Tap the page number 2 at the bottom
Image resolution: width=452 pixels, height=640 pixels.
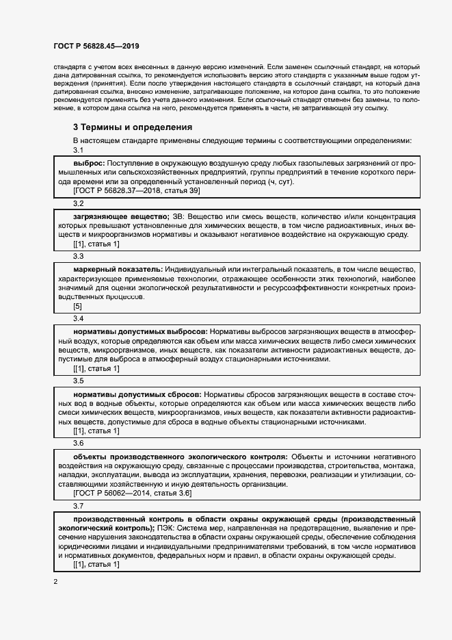tap(56, 581)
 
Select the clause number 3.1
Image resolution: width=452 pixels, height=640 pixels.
tap(78, 150)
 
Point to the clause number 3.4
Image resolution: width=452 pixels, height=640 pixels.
tap(78, 318)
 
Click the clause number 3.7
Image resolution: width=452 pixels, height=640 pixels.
tap(78, 506)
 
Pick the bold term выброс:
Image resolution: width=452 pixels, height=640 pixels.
tap(88, 164)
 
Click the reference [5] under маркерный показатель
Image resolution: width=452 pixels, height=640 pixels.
tap(78, 306)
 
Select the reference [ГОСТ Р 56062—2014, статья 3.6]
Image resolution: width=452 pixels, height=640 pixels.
tap(132, 493)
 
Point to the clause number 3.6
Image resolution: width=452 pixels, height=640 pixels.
tap(78, 443)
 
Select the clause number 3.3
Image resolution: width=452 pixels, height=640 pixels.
tap(78, 255)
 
